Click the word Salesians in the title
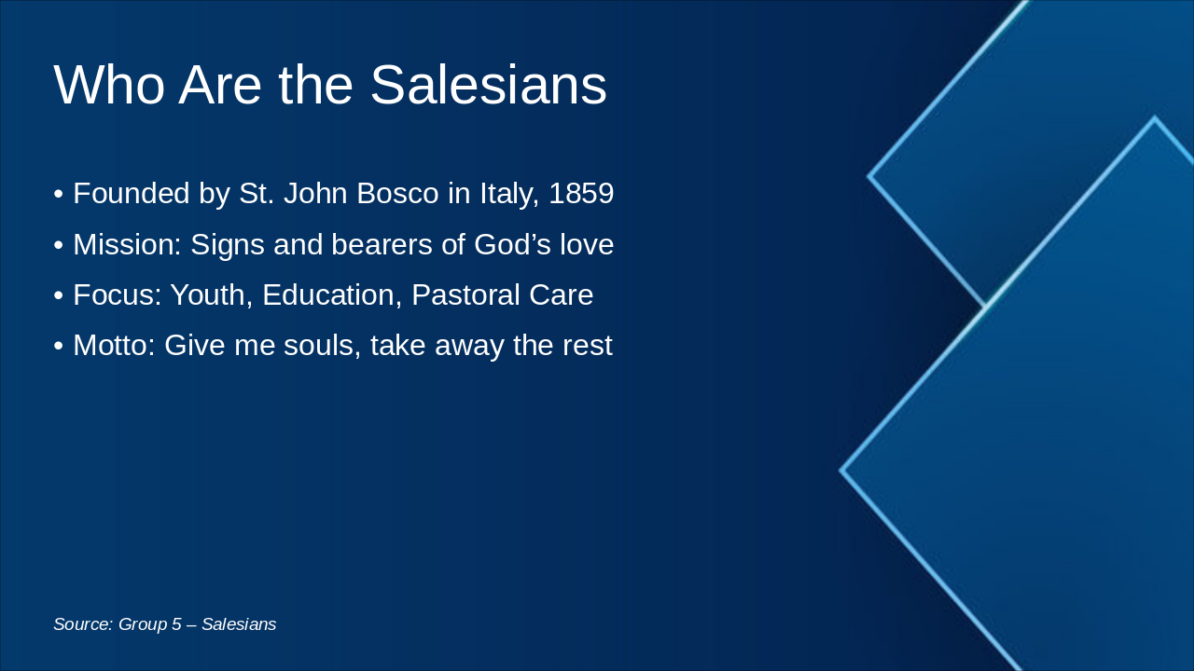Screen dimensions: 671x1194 tap(488, 85)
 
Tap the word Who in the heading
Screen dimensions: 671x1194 tap(110, 85)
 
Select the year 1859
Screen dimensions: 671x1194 tap(581, 194)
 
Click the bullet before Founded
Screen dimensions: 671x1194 tap(59, 195)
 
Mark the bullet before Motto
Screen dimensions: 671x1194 tap(59, 347)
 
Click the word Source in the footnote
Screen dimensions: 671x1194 tap(83, 624)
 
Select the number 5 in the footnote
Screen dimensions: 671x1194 tap(176, 624)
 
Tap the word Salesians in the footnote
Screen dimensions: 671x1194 tap(239, 624)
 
